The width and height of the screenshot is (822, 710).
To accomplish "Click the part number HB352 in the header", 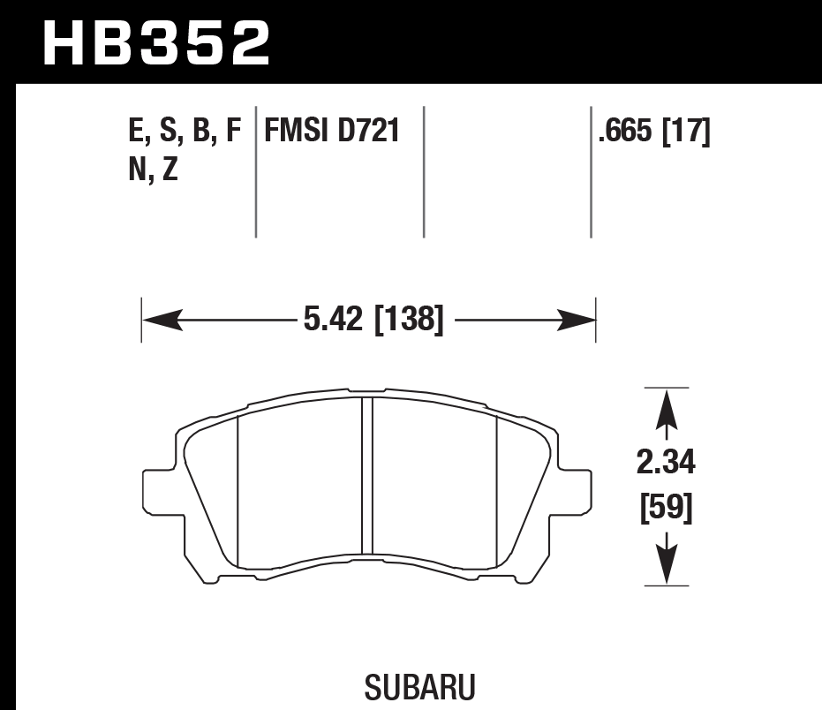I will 156,42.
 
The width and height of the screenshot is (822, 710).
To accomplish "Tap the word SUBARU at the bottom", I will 419,687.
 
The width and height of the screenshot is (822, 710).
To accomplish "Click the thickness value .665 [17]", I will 654,132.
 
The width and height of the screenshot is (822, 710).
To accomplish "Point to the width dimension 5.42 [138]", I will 372,319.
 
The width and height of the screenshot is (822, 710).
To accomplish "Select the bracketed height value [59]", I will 665,508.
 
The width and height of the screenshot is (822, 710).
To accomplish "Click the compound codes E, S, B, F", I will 184,132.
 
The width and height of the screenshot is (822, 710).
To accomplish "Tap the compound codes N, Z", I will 153,169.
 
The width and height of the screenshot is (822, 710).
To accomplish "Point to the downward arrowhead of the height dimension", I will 666,563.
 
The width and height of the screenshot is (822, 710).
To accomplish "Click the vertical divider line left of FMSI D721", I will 256,172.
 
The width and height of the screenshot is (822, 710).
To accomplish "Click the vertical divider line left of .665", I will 591,172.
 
